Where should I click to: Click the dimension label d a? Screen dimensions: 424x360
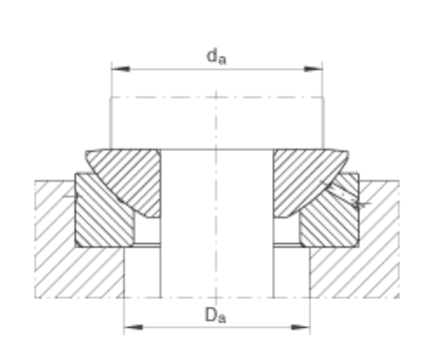coord(216,57)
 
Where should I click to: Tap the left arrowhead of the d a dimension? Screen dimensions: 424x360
coord(121,69)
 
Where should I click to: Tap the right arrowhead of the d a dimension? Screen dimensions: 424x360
coord(313,69)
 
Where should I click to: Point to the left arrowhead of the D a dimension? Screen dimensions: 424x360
coord(133,327)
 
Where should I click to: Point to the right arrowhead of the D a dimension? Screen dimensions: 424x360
coord(300,327)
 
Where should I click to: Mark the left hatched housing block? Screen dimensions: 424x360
coord(67,252)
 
